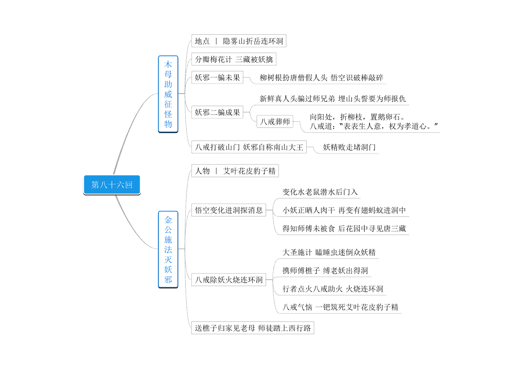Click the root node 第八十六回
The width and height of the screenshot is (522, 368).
point(112,185)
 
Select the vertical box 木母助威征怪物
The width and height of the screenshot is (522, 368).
point(168,94)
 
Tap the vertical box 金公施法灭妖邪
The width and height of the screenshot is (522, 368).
point(168,250)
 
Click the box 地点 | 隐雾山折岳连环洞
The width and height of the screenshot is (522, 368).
point(239,41)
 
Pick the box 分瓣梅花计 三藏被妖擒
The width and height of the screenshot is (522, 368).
point(234,59)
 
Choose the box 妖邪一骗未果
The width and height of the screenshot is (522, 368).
point(217,77)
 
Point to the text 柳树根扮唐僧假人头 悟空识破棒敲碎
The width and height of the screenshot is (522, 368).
point(321,77)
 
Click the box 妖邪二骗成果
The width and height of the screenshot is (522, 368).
point(217,112)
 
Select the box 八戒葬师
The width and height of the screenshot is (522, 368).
point(275,121)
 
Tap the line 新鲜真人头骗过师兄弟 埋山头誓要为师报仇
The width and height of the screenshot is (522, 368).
point(333,99)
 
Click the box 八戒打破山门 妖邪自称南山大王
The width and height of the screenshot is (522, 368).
point(249,147)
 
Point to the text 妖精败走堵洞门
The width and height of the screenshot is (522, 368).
point(349,147)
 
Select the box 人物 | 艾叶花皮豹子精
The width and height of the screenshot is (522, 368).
point(235,171)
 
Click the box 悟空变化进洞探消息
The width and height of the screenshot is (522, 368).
point(229,210)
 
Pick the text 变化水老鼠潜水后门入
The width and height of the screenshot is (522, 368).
point(320,192)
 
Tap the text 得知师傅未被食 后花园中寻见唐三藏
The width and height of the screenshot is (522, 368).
point(344,228)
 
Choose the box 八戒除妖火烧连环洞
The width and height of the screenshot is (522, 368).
point(229,279)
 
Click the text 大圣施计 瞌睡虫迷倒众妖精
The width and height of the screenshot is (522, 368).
point(329,252)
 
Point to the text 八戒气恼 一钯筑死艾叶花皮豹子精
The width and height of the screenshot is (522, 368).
point(340,307)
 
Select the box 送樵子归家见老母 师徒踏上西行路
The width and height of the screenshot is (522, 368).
point(253,328)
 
